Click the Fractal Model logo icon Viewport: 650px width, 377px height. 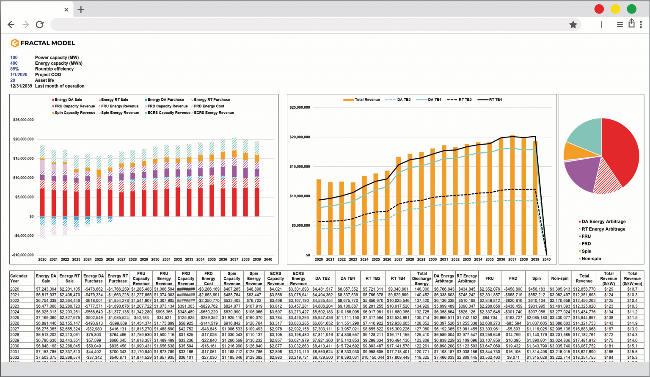coord(14,43)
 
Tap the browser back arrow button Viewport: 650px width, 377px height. coord(11,25)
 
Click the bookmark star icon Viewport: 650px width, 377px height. coord(573,25)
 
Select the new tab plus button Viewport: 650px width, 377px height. coord(81,9)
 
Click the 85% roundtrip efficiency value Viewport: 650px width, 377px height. coord(14,69)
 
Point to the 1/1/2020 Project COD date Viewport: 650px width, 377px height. coord(19,74)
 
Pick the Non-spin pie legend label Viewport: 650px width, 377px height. coord(591,259)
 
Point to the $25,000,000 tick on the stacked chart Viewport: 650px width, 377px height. coord(23,120)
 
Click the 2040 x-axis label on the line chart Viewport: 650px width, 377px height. coord(546,259)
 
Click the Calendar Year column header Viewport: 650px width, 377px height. coord(19,278)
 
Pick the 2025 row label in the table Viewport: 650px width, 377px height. coord(15,317)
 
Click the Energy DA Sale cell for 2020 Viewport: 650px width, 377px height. coord(46,289)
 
